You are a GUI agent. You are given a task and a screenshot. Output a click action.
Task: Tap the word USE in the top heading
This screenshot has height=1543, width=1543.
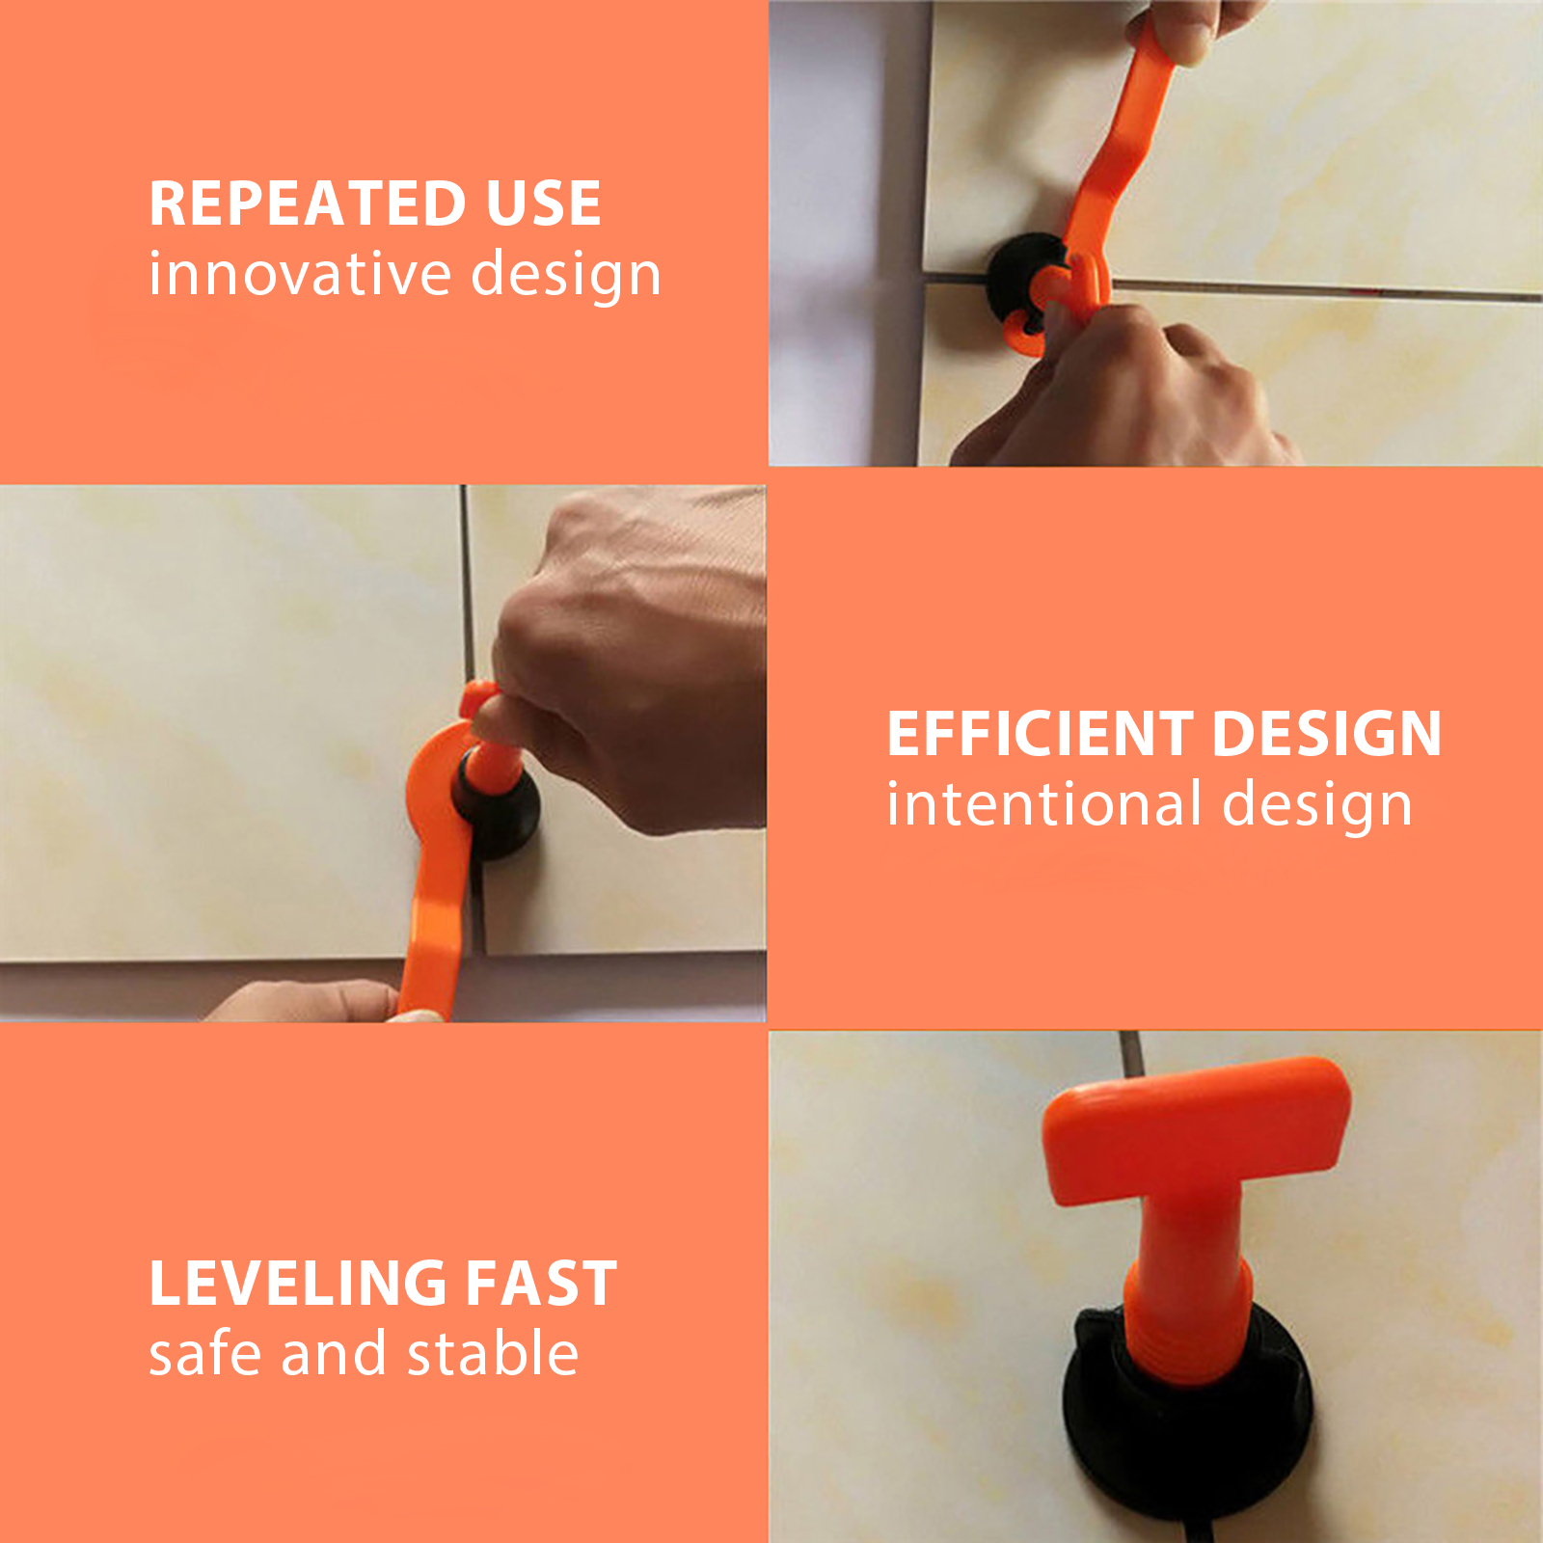click(x=544, y=203)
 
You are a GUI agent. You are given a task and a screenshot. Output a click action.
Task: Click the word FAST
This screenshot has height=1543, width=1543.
click(x=542, y=1284)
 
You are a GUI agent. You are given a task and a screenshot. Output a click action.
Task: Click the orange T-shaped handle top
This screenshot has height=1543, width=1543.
click(x=1196, y=1128)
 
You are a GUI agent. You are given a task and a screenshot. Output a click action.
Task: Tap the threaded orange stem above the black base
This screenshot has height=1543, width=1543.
click(x=1189, y=1273)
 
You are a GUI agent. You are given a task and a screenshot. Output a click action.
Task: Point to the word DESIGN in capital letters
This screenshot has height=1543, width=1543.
click(x=1327, y=734)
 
